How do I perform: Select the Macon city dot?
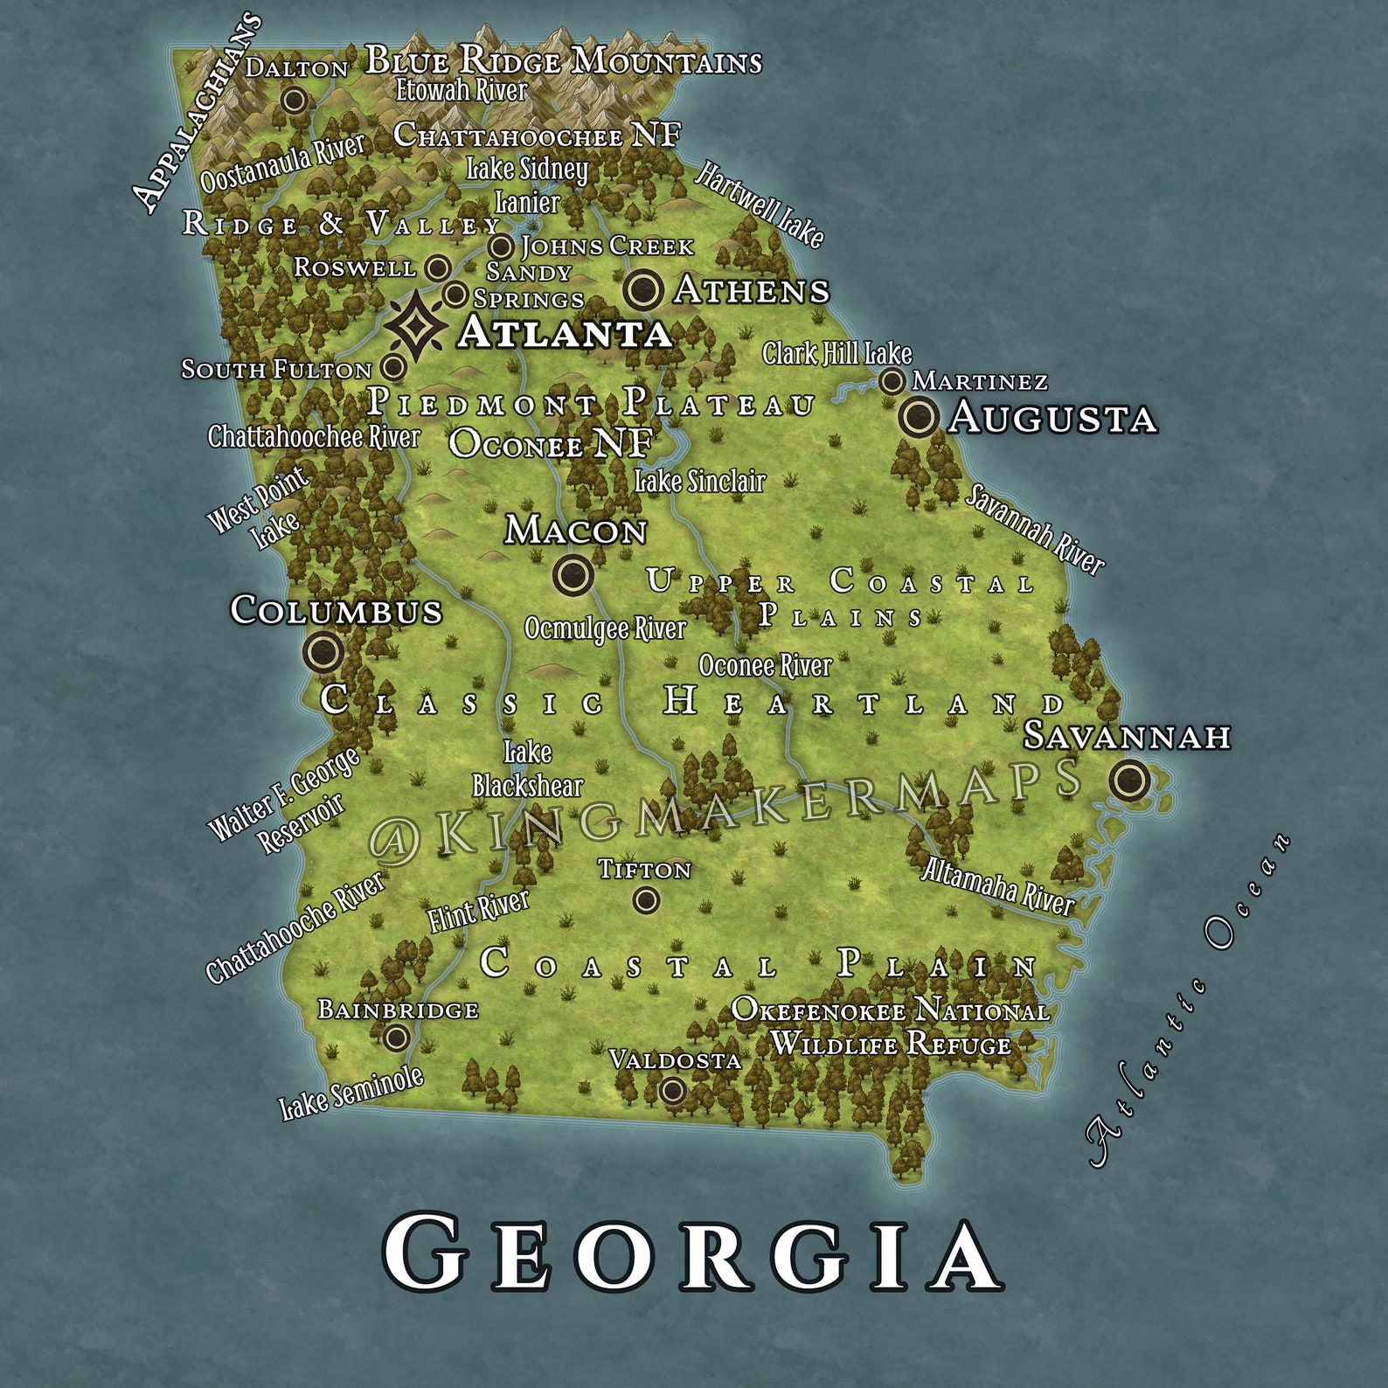[x=573, y=574]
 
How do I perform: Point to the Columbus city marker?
[x=323, y=651]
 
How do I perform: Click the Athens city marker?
[x=643, y=289]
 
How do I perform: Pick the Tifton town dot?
[x=646, y=899]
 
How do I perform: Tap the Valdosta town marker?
[x=672, y=1090]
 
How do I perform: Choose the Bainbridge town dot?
[x=396, y=1038]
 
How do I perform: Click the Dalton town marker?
[x=295, y=100]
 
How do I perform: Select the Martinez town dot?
[x=892, y=381]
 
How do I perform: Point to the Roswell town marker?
[x=438, y=267]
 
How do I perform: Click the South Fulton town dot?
[x=394, y=366]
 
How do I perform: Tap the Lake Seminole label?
[x=351, y=1093]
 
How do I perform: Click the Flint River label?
[x=478, y=910]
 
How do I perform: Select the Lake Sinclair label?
[x=699, y=482]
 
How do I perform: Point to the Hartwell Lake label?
[x=759, y=204]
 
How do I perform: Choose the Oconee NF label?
[x=551, y=444]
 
